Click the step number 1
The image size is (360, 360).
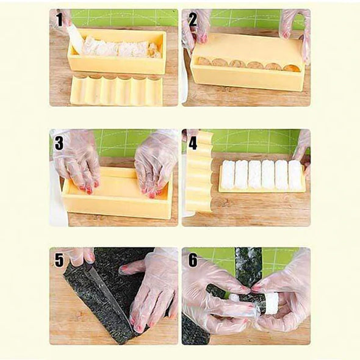click(60, 20)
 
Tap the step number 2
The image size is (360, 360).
click(193, 20)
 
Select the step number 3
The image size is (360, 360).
click(59, 143)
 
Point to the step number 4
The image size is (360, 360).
click(193, 143)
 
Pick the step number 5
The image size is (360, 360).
click(59, 261)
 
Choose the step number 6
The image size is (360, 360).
click(193, 261)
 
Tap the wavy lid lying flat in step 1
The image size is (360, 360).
click(117, 90)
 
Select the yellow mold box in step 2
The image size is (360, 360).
click(248, 62)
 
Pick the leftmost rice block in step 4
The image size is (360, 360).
click(228, 175)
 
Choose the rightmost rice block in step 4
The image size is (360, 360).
click(295, 175)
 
